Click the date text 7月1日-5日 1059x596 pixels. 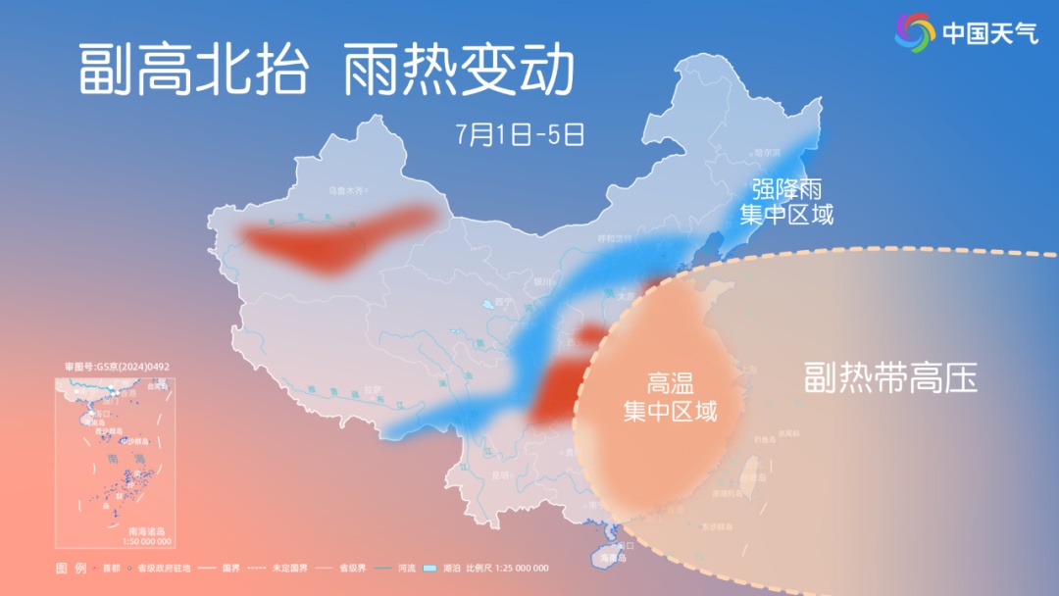tap(520, 133)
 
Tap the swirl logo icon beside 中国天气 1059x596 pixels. tap(915, 33)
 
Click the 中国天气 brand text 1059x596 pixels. tap(987, 33)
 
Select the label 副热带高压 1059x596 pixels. tap(890, 377)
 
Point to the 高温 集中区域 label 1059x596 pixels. tap(671, 397)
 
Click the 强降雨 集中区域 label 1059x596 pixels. tap(786, 201)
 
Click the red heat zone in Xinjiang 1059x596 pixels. tap(333, 239)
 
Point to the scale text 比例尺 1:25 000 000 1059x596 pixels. tap(507, 569)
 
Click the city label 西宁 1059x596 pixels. tap(504, 301)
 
